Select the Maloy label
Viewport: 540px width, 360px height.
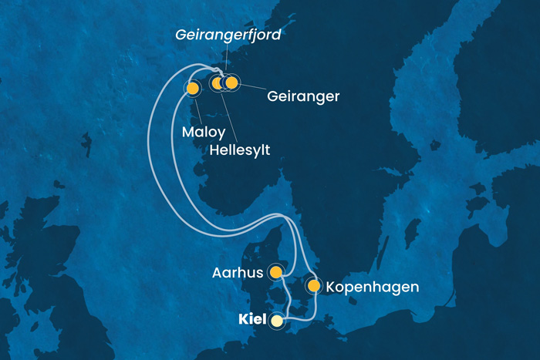tap(204, 132)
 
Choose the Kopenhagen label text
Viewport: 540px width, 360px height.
tap(373, 288)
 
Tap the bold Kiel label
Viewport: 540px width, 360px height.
tap(251, 319)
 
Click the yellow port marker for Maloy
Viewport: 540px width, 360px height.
tap(192, 89)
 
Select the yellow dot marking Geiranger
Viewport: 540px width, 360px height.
tap(231, 82)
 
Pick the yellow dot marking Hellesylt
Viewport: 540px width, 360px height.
tap(218, 82)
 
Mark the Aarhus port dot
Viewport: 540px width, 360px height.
tap(275, 271)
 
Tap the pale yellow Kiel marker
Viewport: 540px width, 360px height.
tap(276, 320)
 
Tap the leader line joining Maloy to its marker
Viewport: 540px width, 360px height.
tap(197, 109)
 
